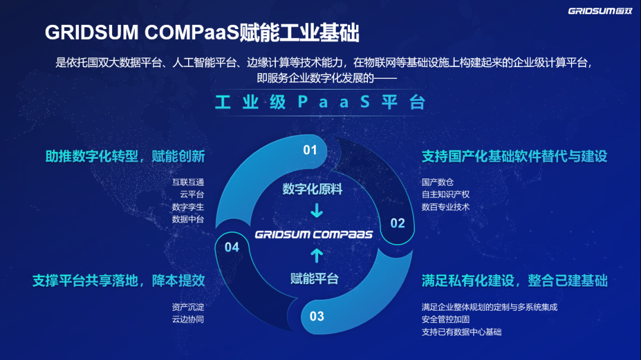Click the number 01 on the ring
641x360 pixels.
(310, 150)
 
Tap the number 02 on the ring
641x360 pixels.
(397, 223)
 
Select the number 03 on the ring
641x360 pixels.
(317, 316)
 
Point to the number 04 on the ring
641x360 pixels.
(232, 247)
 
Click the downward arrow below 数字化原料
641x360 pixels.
(316, 211)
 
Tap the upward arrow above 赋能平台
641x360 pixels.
(316, 256)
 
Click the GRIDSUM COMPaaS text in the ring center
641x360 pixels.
(314, 234)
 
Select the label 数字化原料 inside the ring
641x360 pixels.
(312, 189)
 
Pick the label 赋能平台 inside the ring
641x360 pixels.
(315, 278)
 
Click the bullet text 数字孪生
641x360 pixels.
(188, 207)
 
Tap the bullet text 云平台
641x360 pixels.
(192, 195)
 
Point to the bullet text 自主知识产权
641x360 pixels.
(446, 195)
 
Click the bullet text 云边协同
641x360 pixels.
(188, 320)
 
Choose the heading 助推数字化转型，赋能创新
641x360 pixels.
(125, 157)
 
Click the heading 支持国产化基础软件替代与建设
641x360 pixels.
(514, 157)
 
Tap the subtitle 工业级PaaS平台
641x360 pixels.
(320, 103)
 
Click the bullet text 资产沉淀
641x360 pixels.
(188, 307)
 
